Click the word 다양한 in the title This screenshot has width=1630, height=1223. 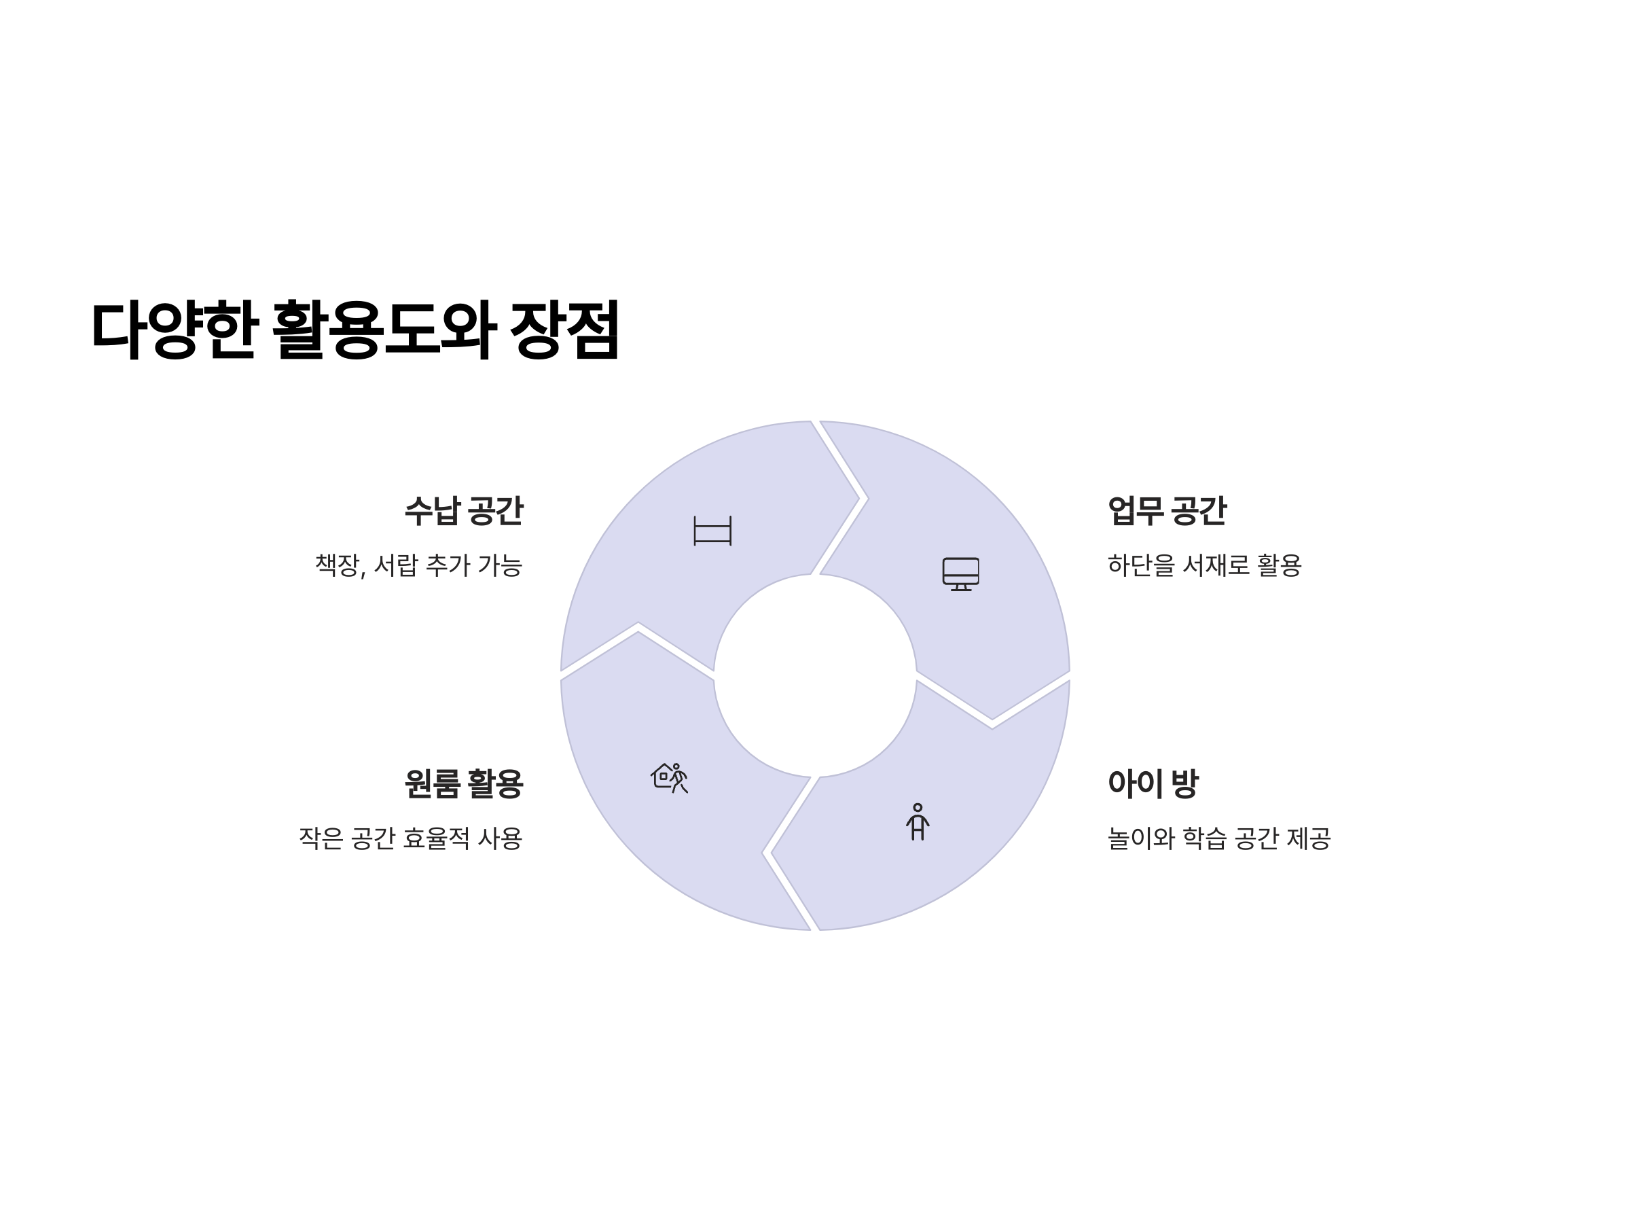pyautogui.click(x=174, y=330)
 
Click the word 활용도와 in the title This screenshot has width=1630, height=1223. pyautogui.click(x=384, y=330)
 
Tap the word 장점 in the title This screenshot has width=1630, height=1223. pyautogui.click(x=564, y=330)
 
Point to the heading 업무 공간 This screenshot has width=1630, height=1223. pyautogui.click(x=1167, y=512)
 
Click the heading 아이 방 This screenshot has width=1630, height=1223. pyautogui.click(x=1153, y=783)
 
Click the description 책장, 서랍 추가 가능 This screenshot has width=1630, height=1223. pyautogui.click(x=418, y=565)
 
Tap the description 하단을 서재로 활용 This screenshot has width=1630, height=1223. pyautogui.click(x=1204, y=565)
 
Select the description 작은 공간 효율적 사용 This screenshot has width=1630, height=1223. pyautogui.click(x=410, y=838)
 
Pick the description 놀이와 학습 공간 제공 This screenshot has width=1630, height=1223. pyautogui.click(x=1219, y=838)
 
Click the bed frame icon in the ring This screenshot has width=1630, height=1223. pyautogui.click(x=712, y=531)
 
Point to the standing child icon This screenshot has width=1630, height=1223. pyautogui.click(x=918, y=822)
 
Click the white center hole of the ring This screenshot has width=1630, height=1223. pyautogui.click(x=815, y=675)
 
